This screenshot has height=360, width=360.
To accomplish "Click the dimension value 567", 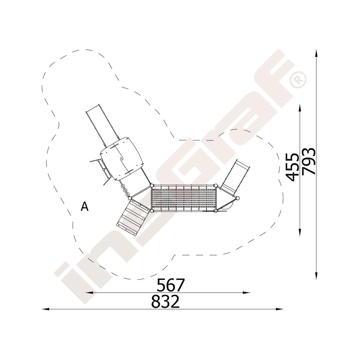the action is pos(171,285).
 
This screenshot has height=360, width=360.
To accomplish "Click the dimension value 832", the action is pos(165,301).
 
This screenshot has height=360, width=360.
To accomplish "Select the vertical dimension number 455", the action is pos(292,167).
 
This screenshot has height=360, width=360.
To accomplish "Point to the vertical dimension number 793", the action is pos(309,162).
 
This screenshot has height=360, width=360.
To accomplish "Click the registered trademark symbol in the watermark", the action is pos(298,80).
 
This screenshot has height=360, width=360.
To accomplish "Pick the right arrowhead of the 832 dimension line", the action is pos(279,309).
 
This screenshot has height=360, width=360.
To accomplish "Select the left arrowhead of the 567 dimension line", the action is pos(89,292).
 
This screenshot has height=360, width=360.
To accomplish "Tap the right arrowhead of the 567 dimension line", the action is pos(246,292).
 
